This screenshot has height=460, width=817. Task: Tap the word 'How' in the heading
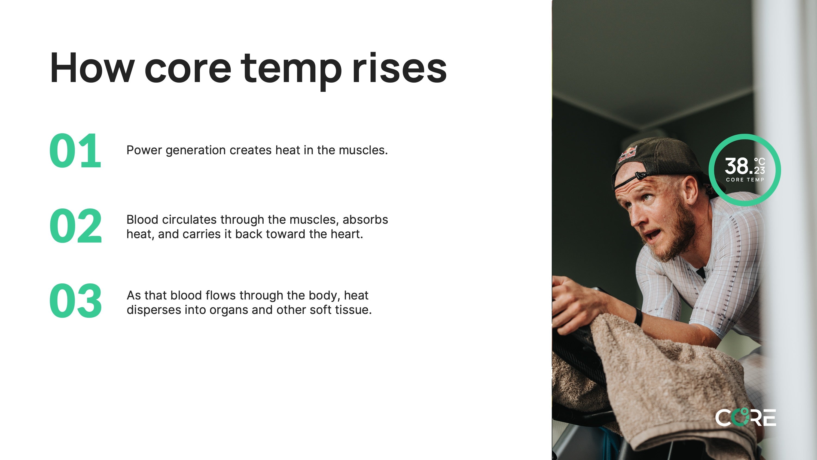click(x=92, y=67)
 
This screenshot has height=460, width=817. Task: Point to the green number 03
click(x=75, y=301)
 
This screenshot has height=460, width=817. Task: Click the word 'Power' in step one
click(x=144, y=150)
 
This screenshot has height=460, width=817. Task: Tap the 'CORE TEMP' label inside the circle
click(x=745, y=180)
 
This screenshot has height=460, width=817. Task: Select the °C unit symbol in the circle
click(x=759, y=161)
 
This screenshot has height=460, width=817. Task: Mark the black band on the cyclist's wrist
click(x=638, y=316)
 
